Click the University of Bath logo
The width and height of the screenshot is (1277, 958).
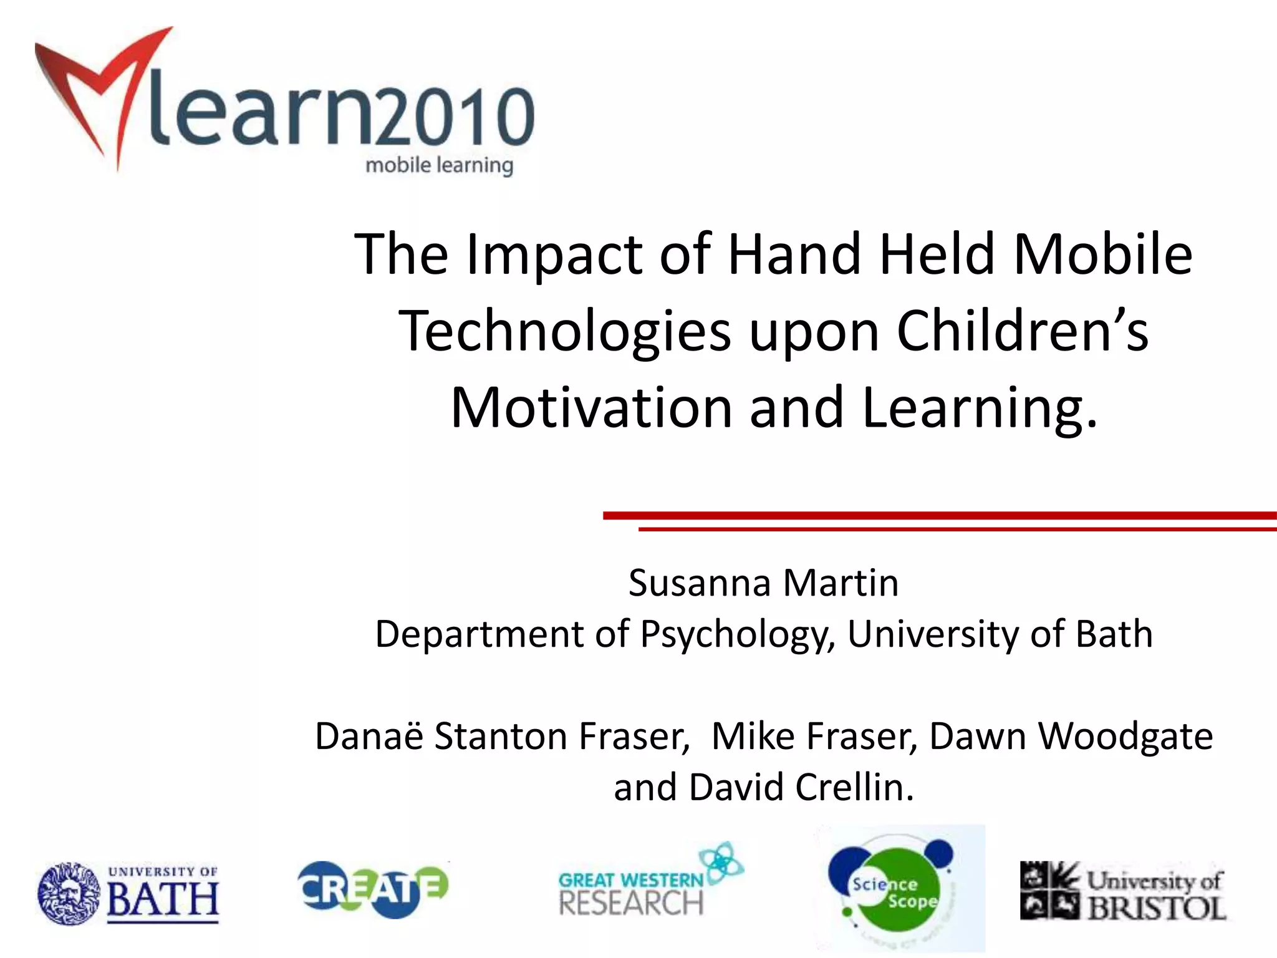pos(128,893)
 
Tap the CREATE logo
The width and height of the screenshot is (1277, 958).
pos(373,889)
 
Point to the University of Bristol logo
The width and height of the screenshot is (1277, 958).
pos(1122,892)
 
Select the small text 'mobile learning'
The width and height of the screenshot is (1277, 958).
pos(439,166)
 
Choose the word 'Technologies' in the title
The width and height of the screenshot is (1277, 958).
pos(564,332)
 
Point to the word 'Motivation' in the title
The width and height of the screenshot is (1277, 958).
pos(591,409)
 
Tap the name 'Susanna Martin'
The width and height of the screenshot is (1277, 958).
pos(763,584)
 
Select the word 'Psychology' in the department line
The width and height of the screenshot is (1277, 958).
pos(738,635)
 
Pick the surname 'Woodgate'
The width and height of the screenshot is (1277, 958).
pos(1125,737)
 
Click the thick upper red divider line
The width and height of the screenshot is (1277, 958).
pos(935,515)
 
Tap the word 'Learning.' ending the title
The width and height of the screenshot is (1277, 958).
pos(979,409)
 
